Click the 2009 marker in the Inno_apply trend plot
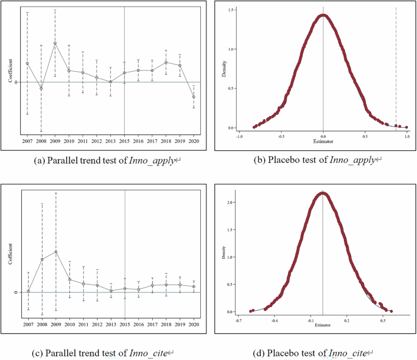pyautogui.click(x=55, y=43)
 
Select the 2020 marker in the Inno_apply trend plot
pyautogui.click(x=194, y=97)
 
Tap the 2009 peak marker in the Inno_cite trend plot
pyautogui.click(x=55, y=252)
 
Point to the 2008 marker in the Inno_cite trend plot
pyautogui.click(x=41, y=260)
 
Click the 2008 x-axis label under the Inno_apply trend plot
pyautogui.click(x=41, y=140)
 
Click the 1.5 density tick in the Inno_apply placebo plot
pyautogui.click(x=231, y=10)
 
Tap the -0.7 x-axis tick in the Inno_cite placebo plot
pyautogui.click(x=240, y=319)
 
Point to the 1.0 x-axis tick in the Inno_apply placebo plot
pyautogui.click(x=406, y=137)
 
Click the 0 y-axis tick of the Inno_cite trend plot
pyautogui.click(x=15, y=293)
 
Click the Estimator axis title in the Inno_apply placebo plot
pyautogui.click(x=323, y=142)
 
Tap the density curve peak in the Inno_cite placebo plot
pyautogui.click(x=323, y=194)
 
